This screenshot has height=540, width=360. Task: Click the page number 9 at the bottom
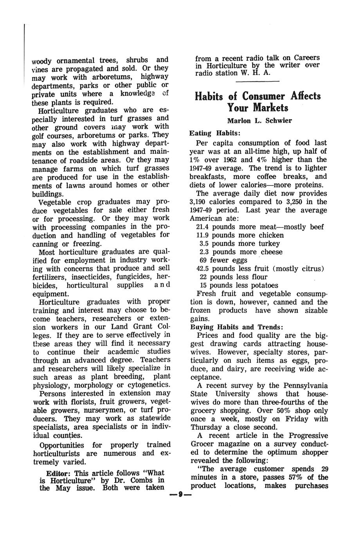pyautogui.click(x=180, y=495)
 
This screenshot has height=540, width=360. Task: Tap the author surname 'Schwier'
pyautogui.click(x=279, y=121)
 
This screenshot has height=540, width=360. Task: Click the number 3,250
pyautogui.click(x=295, y=202)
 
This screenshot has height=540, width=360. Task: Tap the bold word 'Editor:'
pyautogui.click(x=59, y=472)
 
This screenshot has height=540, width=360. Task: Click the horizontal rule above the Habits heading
pyautogui.click(x=257, y=81)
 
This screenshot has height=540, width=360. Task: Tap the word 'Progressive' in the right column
pyautogui.click(x=306, y=436)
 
